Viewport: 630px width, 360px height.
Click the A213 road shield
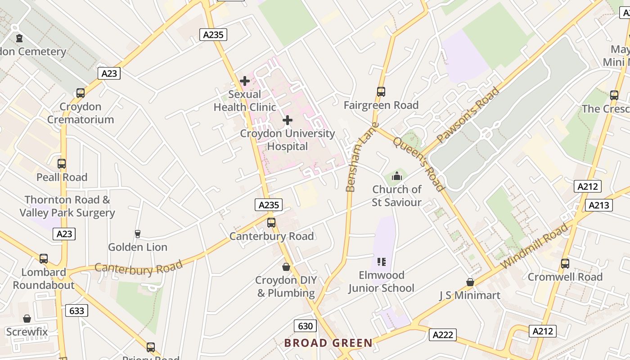[599, 205]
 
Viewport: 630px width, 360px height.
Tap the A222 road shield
[442, 334]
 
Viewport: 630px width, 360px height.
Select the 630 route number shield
[305, 326]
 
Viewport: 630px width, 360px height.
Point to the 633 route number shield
[76, 310]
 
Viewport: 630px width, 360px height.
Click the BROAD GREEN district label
[328, 343]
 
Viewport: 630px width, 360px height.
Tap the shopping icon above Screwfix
[27, 319]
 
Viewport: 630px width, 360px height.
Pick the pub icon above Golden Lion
[138, 234]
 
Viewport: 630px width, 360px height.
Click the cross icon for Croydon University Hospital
[288, 120]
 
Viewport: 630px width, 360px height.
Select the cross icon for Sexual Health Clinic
[245, 81]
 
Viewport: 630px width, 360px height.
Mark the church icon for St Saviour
[396, 176]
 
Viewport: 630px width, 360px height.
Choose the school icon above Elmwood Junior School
[382, 261]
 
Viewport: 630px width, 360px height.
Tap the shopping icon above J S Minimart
[470, 282]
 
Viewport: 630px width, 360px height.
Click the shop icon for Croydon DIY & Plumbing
[286, 267]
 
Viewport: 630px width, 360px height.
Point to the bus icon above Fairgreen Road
[381, 92]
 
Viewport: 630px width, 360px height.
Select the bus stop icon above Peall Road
[62, 164]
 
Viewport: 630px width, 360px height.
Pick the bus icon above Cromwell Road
[565, 263]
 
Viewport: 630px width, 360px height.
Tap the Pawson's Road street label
[468, 115]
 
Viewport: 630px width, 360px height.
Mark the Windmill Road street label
[535, 246]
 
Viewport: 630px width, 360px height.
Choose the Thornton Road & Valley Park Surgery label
[67, 206]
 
